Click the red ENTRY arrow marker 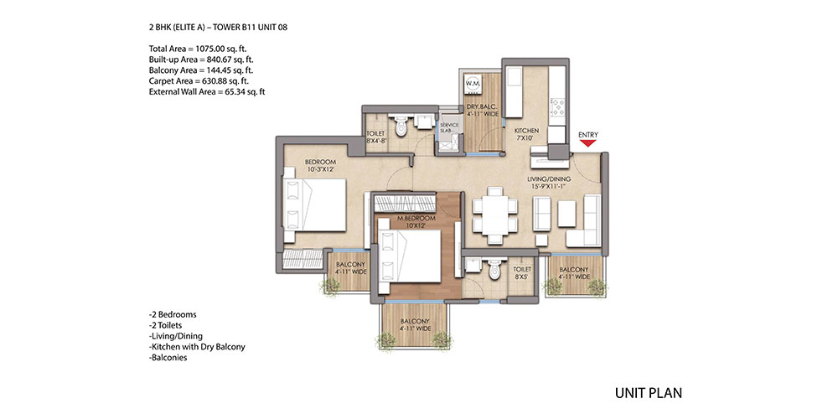[588, 143]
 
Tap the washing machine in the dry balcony [473, 83]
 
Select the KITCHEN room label [526, 131]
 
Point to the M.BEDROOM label [420, 219]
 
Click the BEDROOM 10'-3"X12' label [321, 166]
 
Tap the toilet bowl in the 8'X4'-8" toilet [401, 127]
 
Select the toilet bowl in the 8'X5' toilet [494, 269]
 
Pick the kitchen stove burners [557, 107]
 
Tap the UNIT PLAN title [649, 393]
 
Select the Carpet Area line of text [199, 81]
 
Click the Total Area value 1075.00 [210, 48]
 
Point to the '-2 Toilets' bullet [168, 325]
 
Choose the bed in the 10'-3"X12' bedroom [314, 205]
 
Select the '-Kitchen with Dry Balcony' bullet [197, 347]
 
